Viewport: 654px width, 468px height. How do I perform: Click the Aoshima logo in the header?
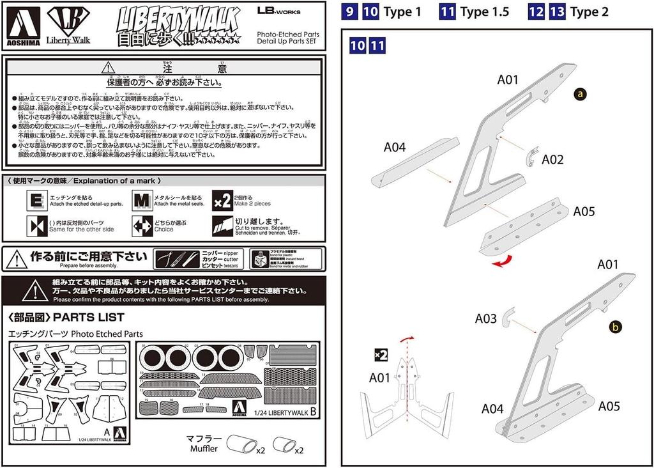(25, 26)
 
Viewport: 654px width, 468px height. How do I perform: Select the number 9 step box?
(349, 12)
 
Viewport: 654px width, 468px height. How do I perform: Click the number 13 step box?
(557, 12)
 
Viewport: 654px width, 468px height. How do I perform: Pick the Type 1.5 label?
(484, 12)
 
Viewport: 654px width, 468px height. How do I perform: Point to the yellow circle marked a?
(580, 94)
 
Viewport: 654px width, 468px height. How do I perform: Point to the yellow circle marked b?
(615, 327)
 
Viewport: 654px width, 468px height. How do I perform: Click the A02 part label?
(552, 160)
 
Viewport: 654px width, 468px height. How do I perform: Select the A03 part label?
(485, 318)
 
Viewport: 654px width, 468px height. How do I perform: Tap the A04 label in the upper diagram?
(395, 148)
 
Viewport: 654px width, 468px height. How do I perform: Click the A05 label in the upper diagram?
(584, 212)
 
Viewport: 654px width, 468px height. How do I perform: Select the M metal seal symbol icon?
(142, 200)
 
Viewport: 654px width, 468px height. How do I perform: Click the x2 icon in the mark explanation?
(222, 200)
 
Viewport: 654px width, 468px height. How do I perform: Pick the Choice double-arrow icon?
(142, 226)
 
